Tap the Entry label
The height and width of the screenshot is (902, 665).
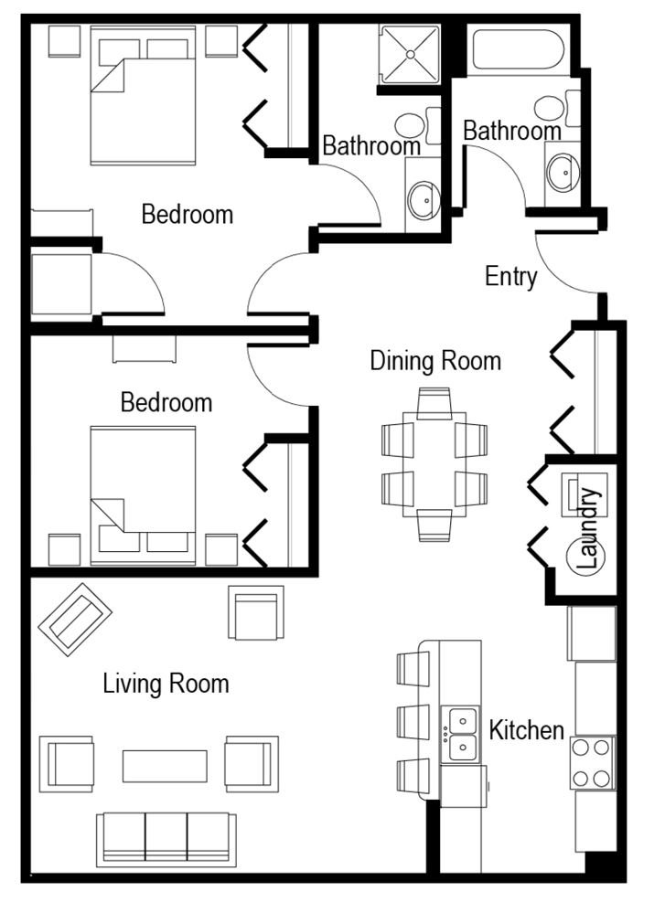(510, 276)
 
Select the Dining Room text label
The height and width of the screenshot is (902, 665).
(435, 361)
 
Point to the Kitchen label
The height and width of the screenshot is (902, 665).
(526, 730)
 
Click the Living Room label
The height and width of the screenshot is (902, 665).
(166, 683)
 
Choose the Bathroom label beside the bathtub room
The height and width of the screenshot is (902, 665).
(511, 132)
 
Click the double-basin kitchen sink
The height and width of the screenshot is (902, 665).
(462, 734)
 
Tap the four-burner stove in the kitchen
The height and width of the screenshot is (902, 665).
(591, 763)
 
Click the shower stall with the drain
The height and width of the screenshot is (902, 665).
(410, 55)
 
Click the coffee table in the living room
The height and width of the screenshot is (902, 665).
(165, 766)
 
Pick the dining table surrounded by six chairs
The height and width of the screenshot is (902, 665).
(434, 463)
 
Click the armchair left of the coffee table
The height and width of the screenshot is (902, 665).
(68, 764)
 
